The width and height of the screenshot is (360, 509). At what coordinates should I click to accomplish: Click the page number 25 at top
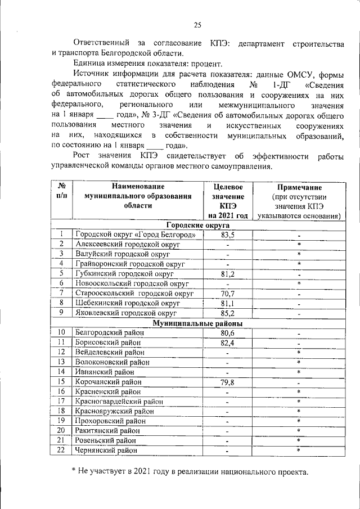pos(197,24)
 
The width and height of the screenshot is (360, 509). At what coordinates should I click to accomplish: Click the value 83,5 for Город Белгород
pos(228,235)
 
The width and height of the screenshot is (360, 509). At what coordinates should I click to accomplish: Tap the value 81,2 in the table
pos(228,274)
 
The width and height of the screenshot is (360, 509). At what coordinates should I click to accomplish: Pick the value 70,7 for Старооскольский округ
pos(228,294)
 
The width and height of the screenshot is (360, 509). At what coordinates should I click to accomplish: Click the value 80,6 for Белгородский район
pos(228,333)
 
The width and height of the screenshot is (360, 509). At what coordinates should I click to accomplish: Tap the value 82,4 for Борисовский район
pos(228,343)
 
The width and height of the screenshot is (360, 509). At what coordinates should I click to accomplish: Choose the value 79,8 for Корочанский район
pos(228,382)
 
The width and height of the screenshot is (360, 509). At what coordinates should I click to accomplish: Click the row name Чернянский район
pos(106,450)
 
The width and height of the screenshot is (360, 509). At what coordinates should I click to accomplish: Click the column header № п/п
pos(62,191)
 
